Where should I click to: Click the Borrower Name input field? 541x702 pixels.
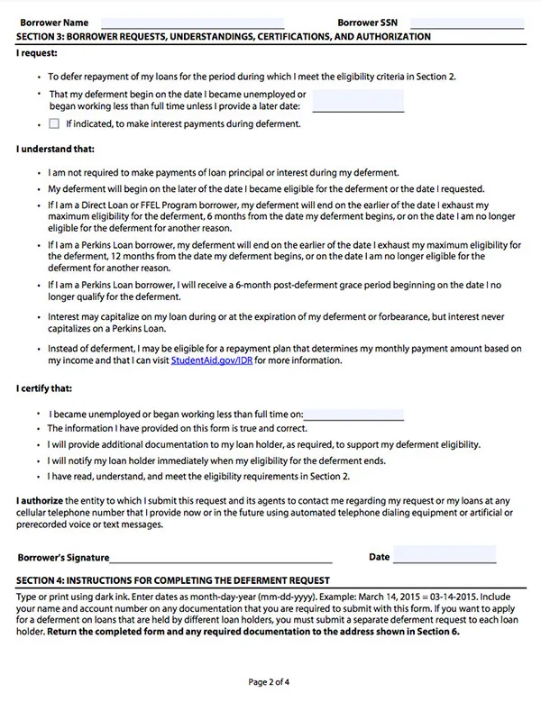point(192,23)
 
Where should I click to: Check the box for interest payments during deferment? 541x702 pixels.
point(55,123)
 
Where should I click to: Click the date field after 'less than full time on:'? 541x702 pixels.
point(354,415)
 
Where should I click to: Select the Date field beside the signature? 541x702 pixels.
point(445,556)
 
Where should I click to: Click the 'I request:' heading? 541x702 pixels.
point(37,54)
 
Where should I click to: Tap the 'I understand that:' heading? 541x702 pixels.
point(55,149)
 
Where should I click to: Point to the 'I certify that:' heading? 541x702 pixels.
point(44,389)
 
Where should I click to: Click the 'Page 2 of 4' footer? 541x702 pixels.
point(270,683)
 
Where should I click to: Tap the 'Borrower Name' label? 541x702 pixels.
point(52,23)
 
